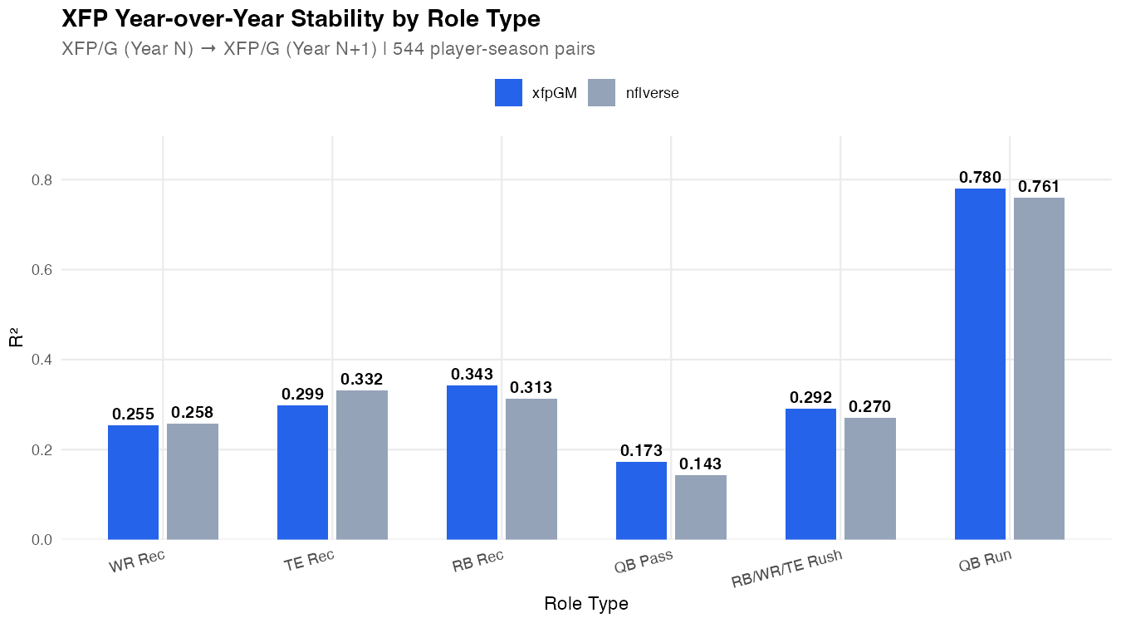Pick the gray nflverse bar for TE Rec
click(x=361, y=464)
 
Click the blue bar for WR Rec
click(x=133, y=482)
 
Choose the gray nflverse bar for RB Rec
click(x=531, y=468)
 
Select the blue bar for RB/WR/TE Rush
click(x=810, y=473)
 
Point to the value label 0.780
click(x=980, y=178)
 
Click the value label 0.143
click(x=700, y=464)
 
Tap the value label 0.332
click(x=361, y=380)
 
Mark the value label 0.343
click(x=472, y=375)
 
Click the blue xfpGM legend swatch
click(x=508, y=93)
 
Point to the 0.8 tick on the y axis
click(x=42, y=180)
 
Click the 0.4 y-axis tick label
click(x=42, y=360)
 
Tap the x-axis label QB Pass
click(x=643, y=562)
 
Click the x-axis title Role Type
click(x=585, y=604)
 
